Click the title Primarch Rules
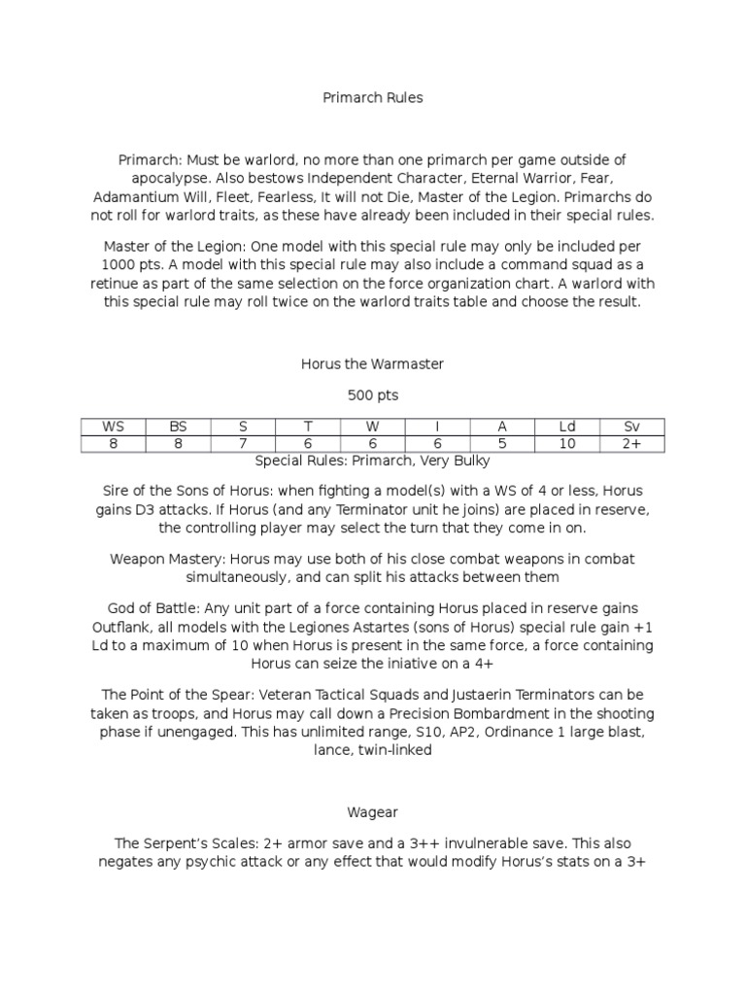(373, 99)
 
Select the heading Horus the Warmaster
(373, 363)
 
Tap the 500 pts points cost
(373, 395)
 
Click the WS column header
(114, 428)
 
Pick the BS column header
(177, 428)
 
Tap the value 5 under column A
(502, 444)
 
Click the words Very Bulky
(456, 461)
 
